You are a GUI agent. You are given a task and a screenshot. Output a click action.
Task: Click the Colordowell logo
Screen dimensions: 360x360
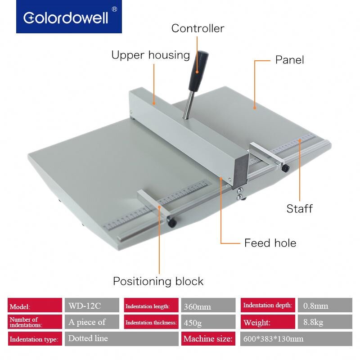[x=69, y=17]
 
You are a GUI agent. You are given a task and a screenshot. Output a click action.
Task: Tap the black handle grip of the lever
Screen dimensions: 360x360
[x=198, y=71]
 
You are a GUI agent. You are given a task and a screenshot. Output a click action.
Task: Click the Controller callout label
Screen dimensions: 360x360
[x=198, y=28]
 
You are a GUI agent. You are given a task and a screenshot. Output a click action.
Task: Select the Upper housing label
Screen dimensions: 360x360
[x=151, y=55]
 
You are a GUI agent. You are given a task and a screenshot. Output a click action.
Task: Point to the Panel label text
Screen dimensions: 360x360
[x=289, y=60]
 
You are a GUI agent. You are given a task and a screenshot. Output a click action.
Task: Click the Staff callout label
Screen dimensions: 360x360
[x=299, y=209]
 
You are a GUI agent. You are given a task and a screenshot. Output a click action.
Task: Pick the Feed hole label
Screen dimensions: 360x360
[x=270, y=243]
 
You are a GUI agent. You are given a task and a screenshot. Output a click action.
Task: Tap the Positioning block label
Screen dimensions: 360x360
[x=158, y=281]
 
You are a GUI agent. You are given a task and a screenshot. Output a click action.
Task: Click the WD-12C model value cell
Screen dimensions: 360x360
[x=92, y=306]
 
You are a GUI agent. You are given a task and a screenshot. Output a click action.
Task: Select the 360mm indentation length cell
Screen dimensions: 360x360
[x=208, y=306]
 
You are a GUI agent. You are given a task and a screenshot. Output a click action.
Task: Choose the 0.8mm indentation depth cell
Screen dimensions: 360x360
[x=325, y=306]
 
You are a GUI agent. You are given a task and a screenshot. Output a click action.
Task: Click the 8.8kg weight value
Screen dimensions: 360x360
[x=325, y=322]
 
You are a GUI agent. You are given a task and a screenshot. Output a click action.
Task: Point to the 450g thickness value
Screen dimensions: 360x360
[x=208, y=322]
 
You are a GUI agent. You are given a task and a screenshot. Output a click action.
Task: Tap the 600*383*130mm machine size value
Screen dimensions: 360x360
[x=296, y=339]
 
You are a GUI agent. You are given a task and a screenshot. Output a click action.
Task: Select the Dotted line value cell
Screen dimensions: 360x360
[x=121, y=339]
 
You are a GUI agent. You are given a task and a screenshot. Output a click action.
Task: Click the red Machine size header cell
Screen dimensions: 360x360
[x=208, y=339]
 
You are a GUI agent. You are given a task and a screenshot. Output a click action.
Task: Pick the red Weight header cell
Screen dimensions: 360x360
[x=268, y=322]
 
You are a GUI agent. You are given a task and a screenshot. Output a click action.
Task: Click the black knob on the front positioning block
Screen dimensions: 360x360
[x=171, y=222]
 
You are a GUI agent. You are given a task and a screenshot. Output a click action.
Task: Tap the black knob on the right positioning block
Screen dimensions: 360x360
[x=285, y=168]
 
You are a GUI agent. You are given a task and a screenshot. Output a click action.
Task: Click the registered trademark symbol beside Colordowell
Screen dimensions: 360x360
[x=114, y=9]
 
